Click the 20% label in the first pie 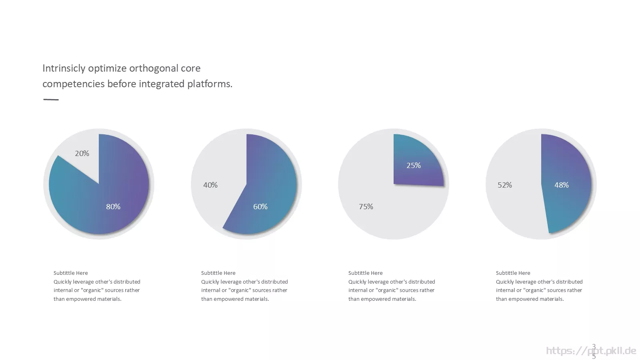coord(82,154)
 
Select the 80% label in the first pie coord(113,206)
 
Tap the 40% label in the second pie coord(210,185)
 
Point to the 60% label coord(260,206)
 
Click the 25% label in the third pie coord(414,166)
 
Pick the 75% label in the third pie coord(366,206)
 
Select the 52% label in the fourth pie coord(505,185)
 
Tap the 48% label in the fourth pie coord(562,185)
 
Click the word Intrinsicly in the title coord(64,68)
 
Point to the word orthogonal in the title coord(154,68)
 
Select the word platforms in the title coord(210,84)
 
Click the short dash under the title coord(51,100)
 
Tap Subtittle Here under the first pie coord(70,273)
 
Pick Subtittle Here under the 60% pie coord(218,273)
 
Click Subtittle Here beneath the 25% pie coord(366,273)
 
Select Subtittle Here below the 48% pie coord(513,273)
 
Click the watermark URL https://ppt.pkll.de coord(591,350)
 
